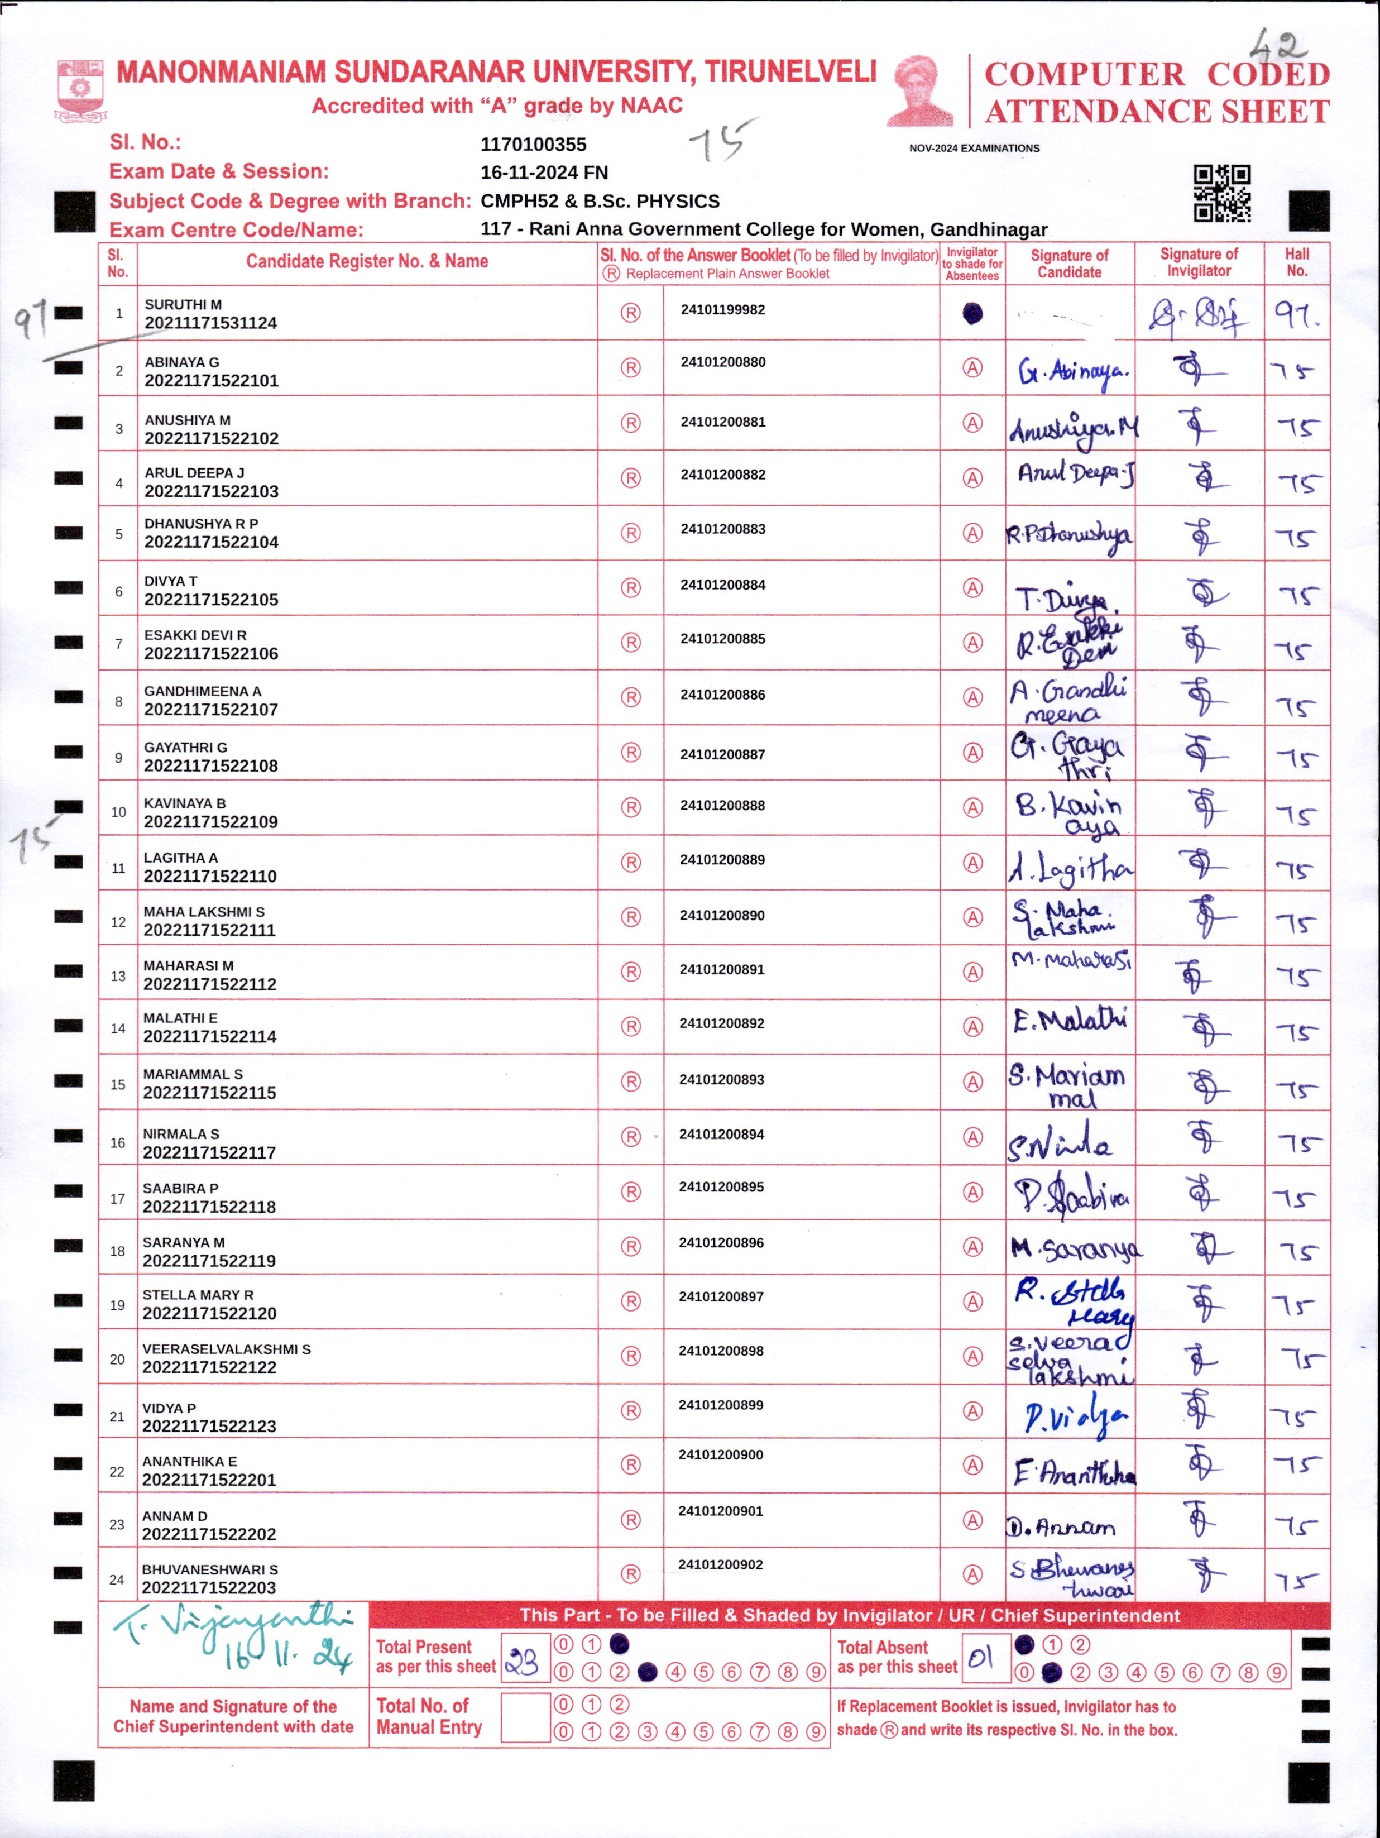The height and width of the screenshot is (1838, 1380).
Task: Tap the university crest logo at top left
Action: pos(80,90)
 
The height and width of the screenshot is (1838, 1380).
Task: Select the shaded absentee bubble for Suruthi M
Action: pos(972,313)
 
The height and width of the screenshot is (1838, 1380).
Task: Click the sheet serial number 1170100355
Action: pos(533,145)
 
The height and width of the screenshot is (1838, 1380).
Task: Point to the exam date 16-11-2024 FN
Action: pos(544,173)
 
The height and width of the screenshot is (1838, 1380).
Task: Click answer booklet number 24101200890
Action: pos(722,915)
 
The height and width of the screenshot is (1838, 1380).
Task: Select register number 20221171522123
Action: pos(209,1426)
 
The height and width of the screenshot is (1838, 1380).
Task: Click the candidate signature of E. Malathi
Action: pos(1069,1021)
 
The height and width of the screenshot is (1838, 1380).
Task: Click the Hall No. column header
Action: pos(1296,262)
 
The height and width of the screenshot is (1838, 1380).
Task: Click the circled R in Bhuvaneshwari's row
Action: pos(631,1574)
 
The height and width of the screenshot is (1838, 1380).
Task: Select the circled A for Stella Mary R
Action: pos(972,1301)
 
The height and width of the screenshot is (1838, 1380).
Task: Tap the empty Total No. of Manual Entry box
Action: pos(525,1717)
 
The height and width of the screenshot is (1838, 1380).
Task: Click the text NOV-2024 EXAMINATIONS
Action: pos(974,149)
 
